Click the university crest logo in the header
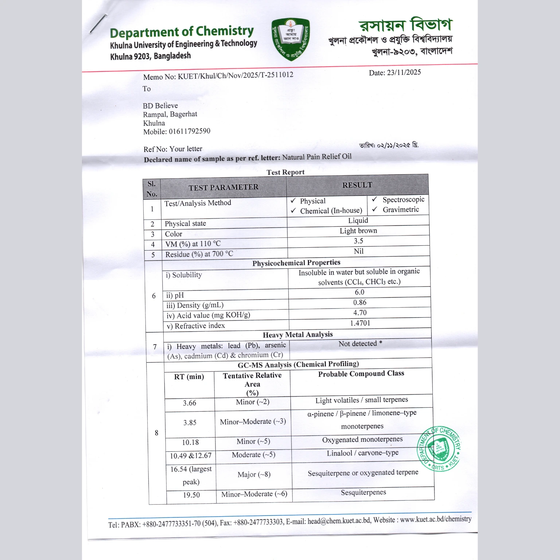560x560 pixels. tap(291, 39)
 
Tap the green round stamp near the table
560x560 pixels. tap(439, 448)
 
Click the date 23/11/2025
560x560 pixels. tap(404, 72)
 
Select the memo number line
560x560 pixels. tap(218, 76)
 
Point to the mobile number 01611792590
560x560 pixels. tap(189, 131)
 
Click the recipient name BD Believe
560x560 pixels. tap(160, 106)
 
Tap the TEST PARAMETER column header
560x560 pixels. tap(223, 187)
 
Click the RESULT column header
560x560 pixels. tap(357, 185)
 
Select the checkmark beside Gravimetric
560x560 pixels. tap(374, 209)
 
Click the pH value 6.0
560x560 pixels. tap(359, 292)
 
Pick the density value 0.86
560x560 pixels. tap(360, 303)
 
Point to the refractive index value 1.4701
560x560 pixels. tap(360, 323)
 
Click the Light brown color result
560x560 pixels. tap(358, 231)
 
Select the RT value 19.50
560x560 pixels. tap(191, 495)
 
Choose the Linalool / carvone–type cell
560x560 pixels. tap(363, 453)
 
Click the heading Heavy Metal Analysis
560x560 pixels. tap(297, 335)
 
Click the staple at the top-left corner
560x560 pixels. tap(98, 24)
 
